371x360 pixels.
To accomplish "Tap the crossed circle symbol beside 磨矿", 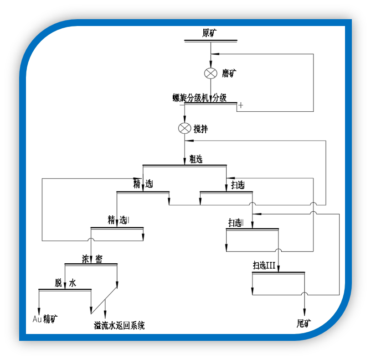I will pos(211,73).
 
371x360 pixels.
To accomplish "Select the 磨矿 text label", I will pos(229,73).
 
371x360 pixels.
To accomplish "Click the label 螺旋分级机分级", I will pos(199,97).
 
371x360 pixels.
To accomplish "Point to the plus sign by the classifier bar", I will pos(241,105).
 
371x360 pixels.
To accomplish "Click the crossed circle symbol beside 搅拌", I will pos(185,128).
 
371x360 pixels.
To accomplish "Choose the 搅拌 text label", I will pos(201,129).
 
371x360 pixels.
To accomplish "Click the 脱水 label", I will pos(65,283).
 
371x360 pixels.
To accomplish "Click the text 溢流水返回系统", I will pos(119,326).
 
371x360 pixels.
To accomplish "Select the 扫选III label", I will pos(264,266).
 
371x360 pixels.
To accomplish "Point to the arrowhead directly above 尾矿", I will pos(304,310).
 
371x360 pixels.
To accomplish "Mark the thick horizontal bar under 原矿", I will pos(211,41).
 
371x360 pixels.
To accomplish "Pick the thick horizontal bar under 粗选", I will pos(185,165).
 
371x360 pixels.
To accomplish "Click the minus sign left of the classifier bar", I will pos(181,105).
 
